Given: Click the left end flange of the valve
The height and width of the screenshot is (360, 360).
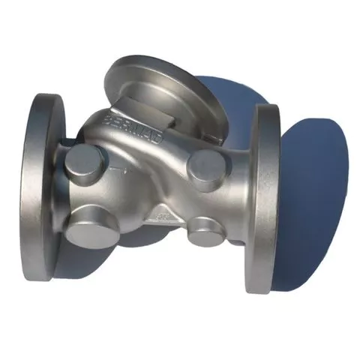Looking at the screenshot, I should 46,187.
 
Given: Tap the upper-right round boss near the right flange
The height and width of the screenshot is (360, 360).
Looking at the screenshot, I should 206,168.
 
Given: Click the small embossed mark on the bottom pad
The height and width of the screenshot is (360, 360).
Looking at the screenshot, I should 161,217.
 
